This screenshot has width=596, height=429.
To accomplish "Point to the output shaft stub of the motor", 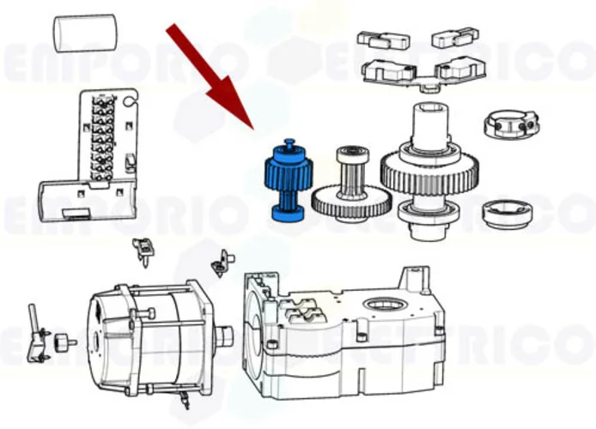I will click(x=225, y=335).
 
